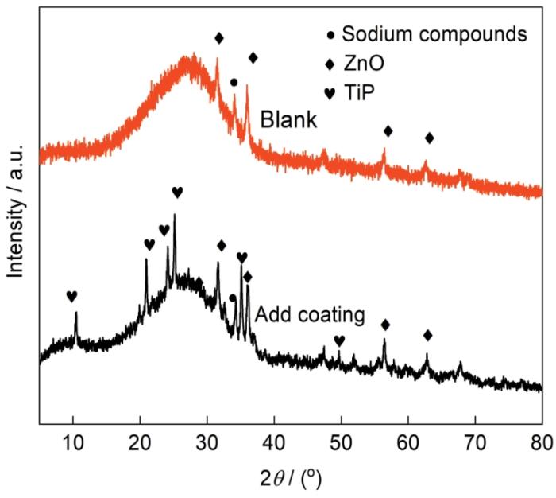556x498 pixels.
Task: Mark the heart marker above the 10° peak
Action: pos(71,296)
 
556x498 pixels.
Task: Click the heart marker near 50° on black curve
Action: pos(339,340)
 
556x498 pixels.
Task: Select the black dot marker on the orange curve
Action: pos(234,82)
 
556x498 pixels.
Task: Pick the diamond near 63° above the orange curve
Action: pos(430,138)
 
